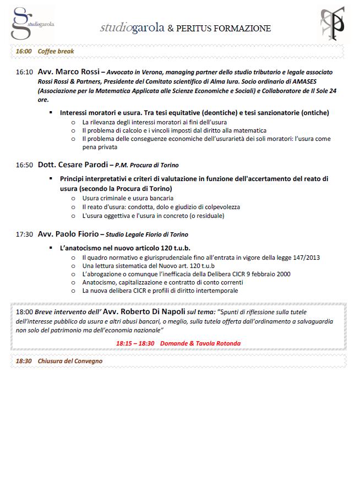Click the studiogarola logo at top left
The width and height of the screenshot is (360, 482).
(x=32, y=23)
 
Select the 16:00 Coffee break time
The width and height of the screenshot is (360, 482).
(x=24, y=51)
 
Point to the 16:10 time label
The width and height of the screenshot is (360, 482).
(x=24, y=72)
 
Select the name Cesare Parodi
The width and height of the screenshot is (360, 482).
(x=81, y=165)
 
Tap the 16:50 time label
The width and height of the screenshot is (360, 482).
(x=24, y=165)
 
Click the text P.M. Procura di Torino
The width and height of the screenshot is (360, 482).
(x=147, y=165)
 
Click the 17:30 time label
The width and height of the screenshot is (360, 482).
(x=24, y=234)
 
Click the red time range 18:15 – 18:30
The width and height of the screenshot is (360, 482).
(x=135, y=343)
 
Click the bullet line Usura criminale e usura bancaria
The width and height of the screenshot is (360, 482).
(x=128, y=198)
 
